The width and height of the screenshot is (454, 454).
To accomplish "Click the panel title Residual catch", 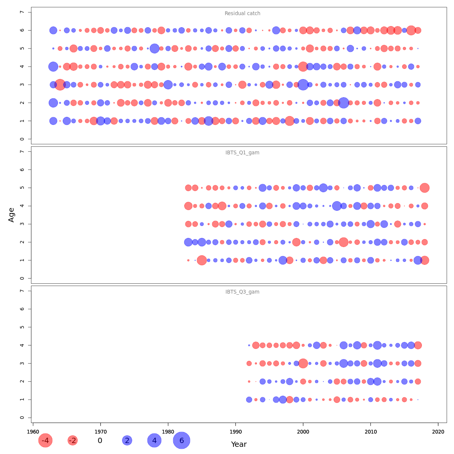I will (x=242, y=14).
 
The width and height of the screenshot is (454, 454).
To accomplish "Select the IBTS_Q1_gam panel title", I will (x=242, y=153).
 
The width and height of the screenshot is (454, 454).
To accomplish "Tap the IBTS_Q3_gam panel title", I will (x=242, y=292).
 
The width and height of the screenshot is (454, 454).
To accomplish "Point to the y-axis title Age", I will (x=11, y=215).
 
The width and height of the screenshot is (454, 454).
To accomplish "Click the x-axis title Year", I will (x=239, y=445).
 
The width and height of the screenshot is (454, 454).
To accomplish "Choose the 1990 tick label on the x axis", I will (x=235, y=432).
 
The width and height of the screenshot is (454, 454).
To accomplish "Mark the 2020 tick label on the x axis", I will (x=438, y=432).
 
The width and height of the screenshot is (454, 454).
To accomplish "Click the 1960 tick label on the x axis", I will (x=33, y=432).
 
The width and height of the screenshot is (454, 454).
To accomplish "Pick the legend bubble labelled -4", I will (x=45, y=440).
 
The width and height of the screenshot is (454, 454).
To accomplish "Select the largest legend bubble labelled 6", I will (x=182, y=440).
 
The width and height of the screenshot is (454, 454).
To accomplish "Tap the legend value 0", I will (x=100, y=441).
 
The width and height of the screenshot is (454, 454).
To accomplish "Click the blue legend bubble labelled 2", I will (x=127, y=440).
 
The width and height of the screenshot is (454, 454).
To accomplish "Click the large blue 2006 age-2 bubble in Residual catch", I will (x=344, y=103).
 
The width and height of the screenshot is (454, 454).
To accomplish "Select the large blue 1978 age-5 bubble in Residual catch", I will (x=154, y=48).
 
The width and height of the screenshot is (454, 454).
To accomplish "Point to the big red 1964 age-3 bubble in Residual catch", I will (x=60, y=85).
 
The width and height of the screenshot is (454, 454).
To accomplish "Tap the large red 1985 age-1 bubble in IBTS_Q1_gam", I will (x=202, y=260).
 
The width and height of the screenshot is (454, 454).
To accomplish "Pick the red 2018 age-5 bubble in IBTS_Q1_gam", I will (x=424, y=188).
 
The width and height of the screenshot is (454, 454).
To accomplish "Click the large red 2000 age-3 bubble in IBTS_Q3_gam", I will (x=303, y=363).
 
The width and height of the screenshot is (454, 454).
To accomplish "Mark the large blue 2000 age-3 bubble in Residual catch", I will (x=303, y=85).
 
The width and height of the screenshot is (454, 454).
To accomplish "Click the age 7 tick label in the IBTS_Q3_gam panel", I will (x=22, y=291).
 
